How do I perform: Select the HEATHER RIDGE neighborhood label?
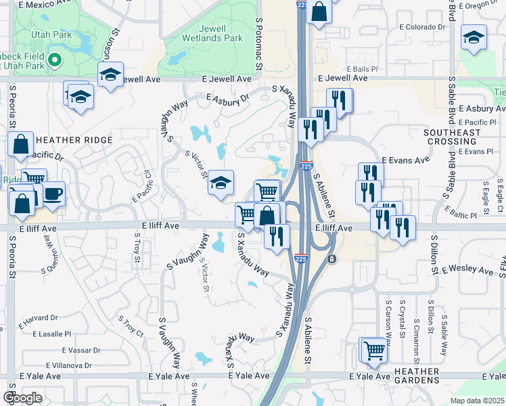pos(68,140)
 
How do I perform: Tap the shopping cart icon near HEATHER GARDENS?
pos(373,350)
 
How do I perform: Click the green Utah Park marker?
pos(55,61)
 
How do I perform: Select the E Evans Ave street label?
pos(406,160)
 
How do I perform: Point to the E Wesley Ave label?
pos(468,269)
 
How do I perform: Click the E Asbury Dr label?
pos(227,99)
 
